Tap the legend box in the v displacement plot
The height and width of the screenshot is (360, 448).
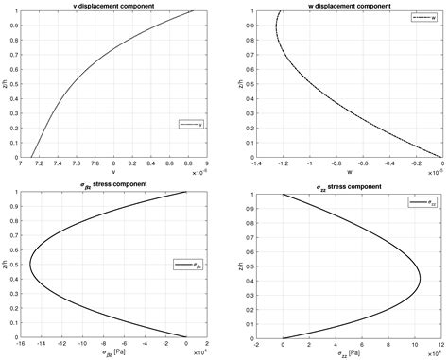[x=192, y=124]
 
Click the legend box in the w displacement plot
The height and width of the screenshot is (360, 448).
[x=425, y=18]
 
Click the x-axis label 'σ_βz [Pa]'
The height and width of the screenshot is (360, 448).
[x=112, y=353]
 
